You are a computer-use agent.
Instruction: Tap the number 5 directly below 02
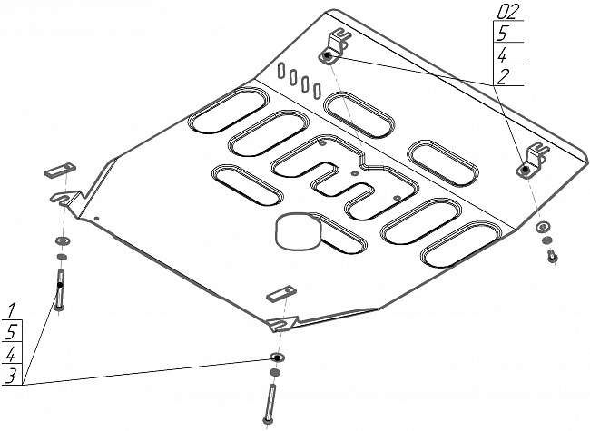[500, 34]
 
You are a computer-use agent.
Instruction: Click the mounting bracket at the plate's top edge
[336, 47]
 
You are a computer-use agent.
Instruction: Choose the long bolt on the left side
[60, 289]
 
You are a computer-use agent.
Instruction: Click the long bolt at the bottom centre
[270, 403]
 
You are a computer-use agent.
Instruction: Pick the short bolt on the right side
[552, 258]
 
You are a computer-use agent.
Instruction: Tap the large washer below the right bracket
[543, 226]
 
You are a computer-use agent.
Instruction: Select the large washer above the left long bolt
[63, 240]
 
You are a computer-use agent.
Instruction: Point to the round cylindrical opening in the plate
[298, 232]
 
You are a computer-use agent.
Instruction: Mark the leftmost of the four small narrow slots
[282, 70]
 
